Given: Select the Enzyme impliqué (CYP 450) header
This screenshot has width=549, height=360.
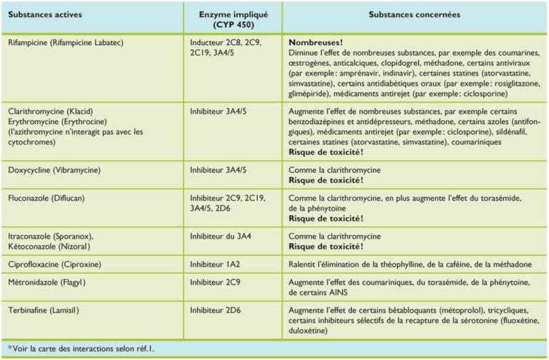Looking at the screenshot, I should pos(230,19).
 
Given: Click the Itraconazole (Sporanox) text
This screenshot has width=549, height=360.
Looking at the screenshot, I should pos(49,235).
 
